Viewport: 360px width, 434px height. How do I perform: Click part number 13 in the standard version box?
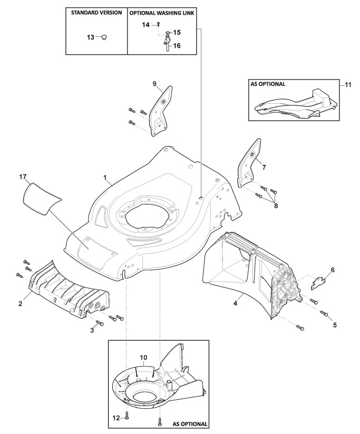90,37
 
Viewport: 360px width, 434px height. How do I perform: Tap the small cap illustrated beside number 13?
104,37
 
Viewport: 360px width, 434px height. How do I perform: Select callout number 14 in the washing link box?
145,25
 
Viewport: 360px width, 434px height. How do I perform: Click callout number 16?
177,46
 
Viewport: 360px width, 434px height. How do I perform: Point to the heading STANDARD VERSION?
96,12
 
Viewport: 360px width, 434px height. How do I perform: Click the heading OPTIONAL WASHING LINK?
163,12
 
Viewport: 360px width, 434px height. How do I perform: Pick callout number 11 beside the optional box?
348,84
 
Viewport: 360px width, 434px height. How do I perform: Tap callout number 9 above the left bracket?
154,84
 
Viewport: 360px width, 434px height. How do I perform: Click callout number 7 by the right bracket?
264,167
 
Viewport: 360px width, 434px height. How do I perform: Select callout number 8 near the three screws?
276,205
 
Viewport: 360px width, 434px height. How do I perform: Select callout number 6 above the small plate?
332,270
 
